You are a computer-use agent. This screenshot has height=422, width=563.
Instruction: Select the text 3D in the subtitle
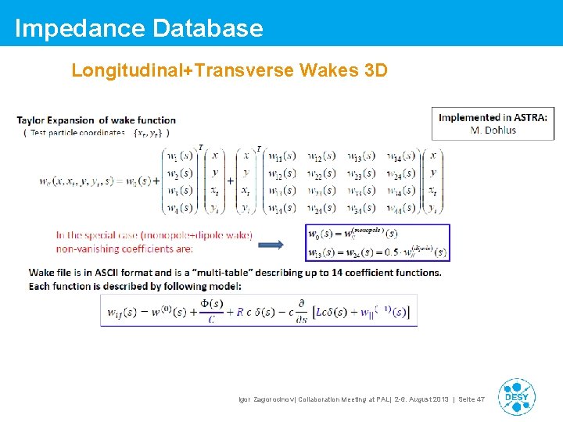click(x=375, y=70)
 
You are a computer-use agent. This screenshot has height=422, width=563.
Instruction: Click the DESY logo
click(x=516, y=397)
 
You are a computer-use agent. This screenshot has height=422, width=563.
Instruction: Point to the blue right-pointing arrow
click(x=271, y=245)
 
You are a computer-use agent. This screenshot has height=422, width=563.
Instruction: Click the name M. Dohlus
click(x=493, y=130)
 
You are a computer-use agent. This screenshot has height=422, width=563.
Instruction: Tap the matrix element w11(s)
click(x=281, y=156)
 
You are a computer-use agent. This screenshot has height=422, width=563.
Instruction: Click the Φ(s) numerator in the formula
click(x=211, y=304)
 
